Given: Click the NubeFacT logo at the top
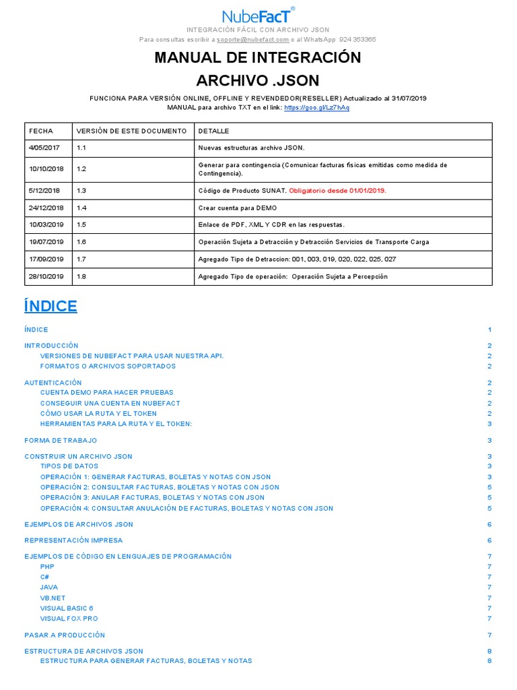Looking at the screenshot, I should tap(258, 16).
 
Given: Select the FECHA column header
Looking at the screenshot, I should tap(40, 131).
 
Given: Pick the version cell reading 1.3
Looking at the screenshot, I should tap(82, 191).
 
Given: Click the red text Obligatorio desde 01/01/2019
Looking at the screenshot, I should tap(337, 191).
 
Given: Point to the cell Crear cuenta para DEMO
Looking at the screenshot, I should tap(237, 208).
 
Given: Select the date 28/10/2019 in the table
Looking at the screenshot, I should tap(46, 276).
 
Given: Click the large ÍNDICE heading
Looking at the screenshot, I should tap(50, 307).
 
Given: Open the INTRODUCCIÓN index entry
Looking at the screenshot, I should tap(51, 346).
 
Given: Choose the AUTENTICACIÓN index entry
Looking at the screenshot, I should tap(53, 383).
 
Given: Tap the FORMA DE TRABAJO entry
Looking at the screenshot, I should tap(61, 441).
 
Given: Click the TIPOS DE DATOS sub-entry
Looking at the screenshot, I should tap(69, 466).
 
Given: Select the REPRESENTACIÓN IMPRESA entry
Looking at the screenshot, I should tap(73, 540).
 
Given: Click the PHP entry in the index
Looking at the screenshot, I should tap(47, 567).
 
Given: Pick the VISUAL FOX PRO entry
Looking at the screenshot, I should tap(69, 619).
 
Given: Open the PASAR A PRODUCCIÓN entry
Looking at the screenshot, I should tap(65, 635).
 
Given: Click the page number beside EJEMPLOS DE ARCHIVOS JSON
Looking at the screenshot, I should tap(489, 524).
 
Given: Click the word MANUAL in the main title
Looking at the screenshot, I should tap(188, 58).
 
